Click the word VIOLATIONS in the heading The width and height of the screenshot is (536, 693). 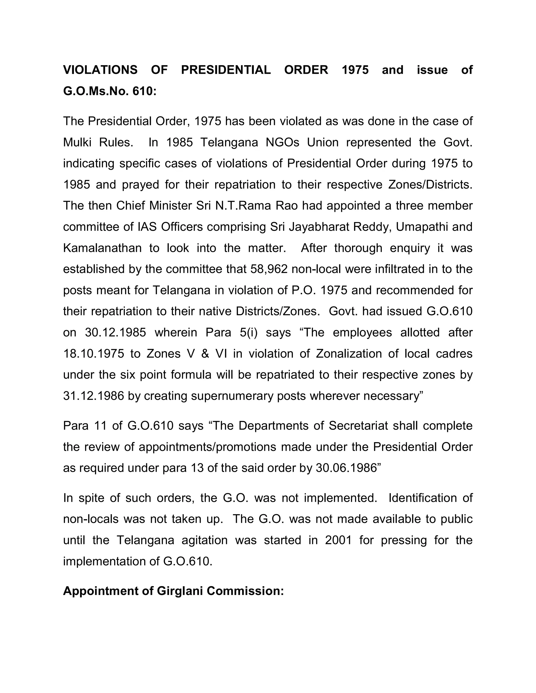click(100, 70)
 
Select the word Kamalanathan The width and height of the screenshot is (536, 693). click(102, 248)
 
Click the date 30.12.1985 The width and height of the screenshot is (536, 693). click(116, 333)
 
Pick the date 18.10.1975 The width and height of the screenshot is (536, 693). click(94, 354)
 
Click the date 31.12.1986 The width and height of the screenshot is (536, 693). click(94, 396)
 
